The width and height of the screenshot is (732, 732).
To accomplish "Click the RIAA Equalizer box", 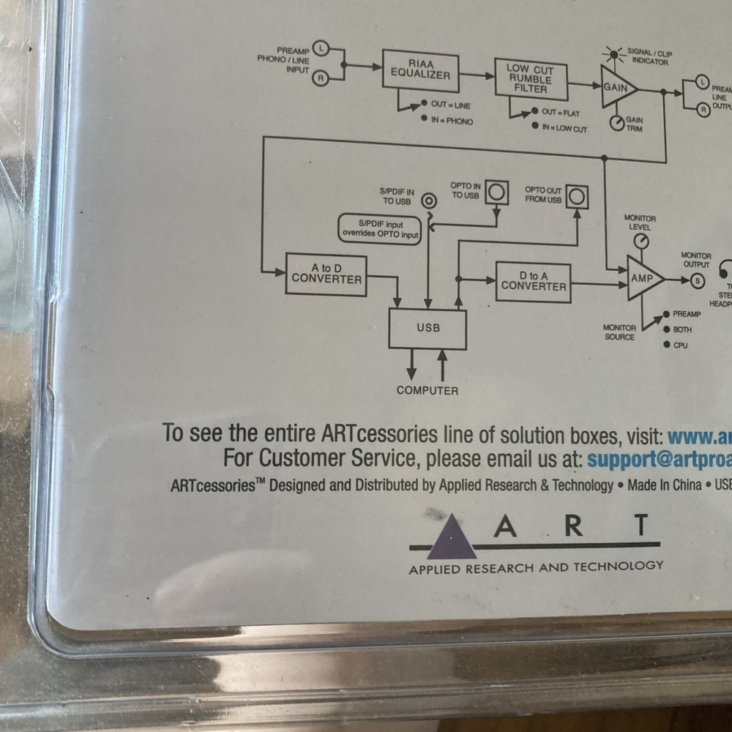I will tap(420, 70).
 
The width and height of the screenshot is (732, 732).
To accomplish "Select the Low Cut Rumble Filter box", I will tap(531, 78).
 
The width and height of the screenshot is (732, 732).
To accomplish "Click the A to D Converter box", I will tap(326, 274).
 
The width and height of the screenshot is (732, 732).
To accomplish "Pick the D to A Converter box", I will tap(533, 282).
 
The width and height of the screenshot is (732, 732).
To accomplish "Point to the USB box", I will tap(427, 328).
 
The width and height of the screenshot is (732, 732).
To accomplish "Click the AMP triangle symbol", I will tap(643, 278).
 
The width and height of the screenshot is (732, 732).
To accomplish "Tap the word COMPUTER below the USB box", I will tap(427, 391).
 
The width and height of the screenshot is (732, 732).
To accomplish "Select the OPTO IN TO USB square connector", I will tap(497, 193).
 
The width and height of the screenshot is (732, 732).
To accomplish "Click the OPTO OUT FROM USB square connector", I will tap(577, 196).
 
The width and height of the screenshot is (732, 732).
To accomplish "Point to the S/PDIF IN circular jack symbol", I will tap(430, 200).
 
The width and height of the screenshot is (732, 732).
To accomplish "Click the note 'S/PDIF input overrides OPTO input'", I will tap(380, 229).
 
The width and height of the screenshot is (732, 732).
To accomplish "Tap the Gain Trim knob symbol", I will tap(616, 123).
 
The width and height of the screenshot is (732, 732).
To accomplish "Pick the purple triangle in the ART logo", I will tap(452, 538).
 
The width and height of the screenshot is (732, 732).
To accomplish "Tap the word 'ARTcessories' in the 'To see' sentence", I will tap(381, 433).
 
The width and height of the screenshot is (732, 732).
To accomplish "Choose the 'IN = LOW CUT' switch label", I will tap(563, 129).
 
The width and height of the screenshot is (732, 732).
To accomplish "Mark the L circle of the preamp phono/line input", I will tap(320, 49).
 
